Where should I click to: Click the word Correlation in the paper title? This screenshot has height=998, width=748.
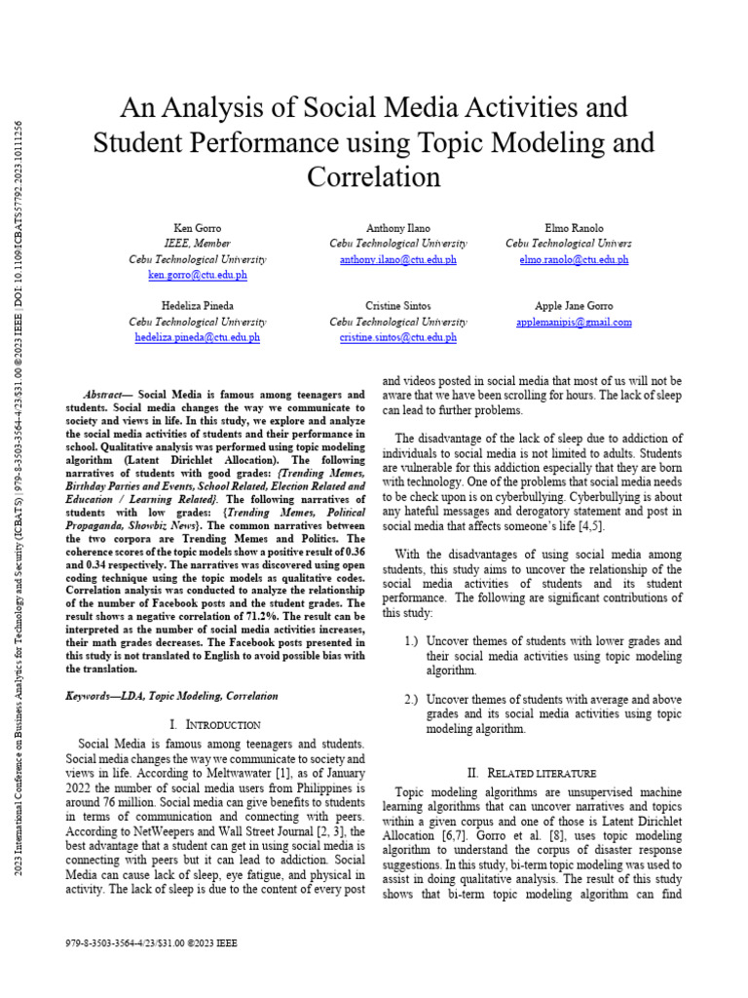coord(374,177)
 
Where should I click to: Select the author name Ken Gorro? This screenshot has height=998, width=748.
coord(198,227)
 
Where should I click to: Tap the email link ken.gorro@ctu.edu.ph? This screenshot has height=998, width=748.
coord(198,276)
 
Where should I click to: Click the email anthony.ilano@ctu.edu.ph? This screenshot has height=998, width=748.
coord(397,260)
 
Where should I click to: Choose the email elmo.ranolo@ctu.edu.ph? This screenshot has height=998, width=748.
coord(575,260)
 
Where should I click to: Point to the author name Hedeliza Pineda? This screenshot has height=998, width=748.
coord(198,305)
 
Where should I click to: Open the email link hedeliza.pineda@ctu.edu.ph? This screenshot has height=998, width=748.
coord(198,337)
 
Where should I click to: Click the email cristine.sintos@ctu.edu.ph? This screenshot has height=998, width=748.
coord(397,337)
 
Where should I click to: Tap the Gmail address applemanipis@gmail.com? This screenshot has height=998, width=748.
coord(574,322)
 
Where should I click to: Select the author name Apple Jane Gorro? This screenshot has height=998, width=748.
coord(574,305)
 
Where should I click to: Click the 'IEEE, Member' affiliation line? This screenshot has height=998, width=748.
coord(198,244)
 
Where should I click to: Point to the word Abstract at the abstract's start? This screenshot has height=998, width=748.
coord(108,395)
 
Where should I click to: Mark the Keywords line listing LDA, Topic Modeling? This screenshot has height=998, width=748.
coord(171,696)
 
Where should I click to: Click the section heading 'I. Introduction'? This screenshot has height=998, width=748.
coord(214,725)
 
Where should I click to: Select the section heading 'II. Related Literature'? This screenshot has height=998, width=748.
coord(539,772)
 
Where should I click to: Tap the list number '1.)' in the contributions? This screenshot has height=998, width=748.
coord(411,641)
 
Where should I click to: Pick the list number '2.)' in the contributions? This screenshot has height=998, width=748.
coord(411,700)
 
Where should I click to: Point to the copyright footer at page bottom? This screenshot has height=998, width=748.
coord(151,943)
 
